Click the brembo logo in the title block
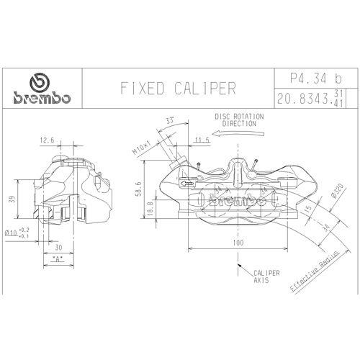(40, 89)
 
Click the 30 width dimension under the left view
(57, 246)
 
